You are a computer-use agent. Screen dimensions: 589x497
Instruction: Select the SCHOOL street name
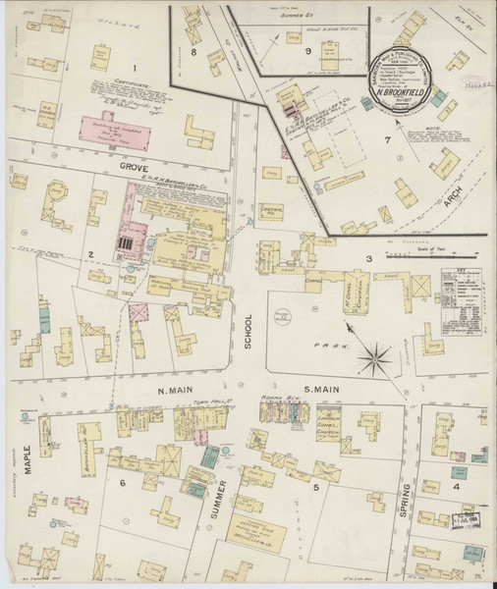click(248, 335)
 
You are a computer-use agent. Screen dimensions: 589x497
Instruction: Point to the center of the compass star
click(372, 357)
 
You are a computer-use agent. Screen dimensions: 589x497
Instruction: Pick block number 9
click(307, 51)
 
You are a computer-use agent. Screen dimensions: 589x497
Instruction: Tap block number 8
click(193, 51)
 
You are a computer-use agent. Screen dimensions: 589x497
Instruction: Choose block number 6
click(124, 484)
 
